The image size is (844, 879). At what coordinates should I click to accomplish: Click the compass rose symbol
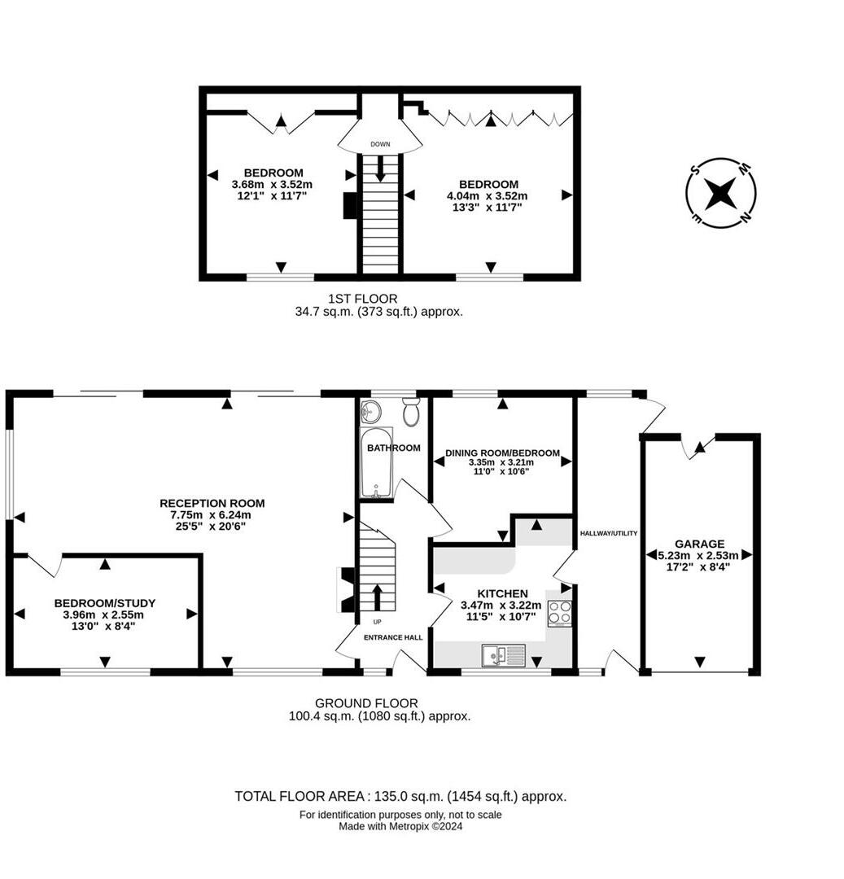(x=720, y=193)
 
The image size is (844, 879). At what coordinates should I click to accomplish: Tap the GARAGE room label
(x=699, y=544)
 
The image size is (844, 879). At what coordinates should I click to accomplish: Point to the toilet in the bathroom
(x=411, y=413)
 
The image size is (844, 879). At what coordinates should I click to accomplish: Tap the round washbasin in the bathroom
(x=371, y=411)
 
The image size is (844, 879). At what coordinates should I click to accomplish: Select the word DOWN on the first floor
(x=380, y=144)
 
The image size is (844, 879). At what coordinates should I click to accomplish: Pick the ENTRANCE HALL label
(x=393, y=637)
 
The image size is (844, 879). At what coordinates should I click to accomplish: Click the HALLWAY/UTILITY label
(x=608, y=533)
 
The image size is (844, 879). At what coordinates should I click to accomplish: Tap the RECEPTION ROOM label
(x=212, y=503)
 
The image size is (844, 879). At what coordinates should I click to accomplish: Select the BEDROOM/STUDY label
(x=105, y=603)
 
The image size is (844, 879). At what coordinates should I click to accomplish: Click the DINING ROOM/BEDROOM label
(x=502, y=453)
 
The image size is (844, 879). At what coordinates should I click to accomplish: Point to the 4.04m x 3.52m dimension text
(x=488, y=195)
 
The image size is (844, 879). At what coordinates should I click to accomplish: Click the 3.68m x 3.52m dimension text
(x=273, y=184)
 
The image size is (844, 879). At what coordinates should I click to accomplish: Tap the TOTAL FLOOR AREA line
(x=400, y=796)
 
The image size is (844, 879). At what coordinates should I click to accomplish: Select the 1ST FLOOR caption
(x=362, y=299)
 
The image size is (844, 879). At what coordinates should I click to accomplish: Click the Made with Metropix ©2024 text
(x=400, y=826)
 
